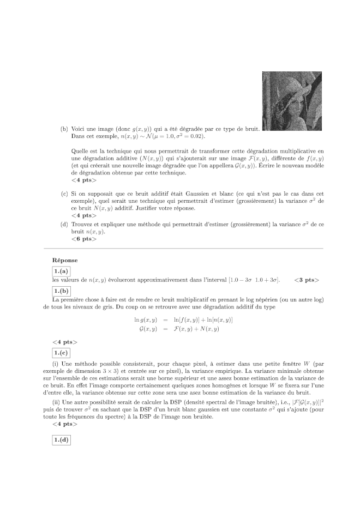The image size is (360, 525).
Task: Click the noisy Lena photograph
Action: tap(284, 101)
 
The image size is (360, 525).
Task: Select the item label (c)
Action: tap(64, 194)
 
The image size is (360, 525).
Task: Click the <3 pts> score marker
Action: tap(306, 280)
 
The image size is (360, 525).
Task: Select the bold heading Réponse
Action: tap(65, 261)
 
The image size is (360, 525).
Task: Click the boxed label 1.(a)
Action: tap(62, 271)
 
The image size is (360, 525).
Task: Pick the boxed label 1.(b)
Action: tap(62, 291)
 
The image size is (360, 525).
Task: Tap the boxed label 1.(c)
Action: tap(62, 352)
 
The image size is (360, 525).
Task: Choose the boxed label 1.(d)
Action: tap(62, 440)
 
